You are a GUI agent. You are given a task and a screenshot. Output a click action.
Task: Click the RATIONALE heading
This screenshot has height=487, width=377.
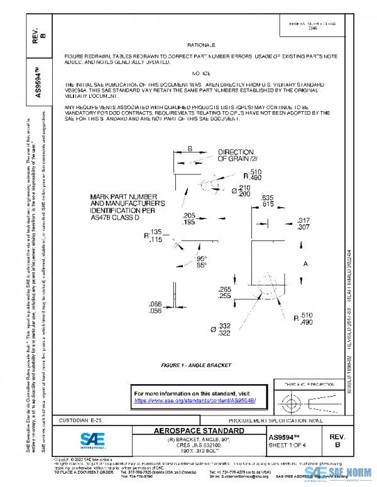200,46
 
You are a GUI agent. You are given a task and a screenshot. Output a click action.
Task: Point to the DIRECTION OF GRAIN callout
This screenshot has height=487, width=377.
236,156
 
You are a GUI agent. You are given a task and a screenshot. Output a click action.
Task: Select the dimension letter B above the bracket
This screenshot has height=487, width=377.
189,149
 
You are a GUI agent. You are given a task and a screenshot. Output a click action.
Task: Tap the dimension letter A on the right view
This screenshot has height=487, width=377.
305,264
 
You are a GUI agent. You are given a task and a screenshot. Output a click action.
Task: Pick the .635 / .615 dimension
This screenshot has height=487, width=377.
267,201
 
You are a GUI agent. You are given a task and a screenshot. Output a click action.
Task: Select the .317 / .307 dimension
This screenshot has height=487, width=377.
303,224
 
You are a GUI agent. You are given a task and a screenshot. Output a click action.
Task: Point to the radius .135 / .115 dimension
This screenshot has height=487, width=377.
153,236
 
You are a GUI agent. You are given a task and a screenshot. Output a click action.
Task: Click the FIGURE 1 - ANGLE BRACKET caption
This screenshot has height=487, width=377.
196,365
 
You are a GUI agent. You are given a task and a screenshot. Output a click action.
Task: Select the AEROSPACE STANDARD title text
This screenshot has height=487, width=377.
200,431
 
